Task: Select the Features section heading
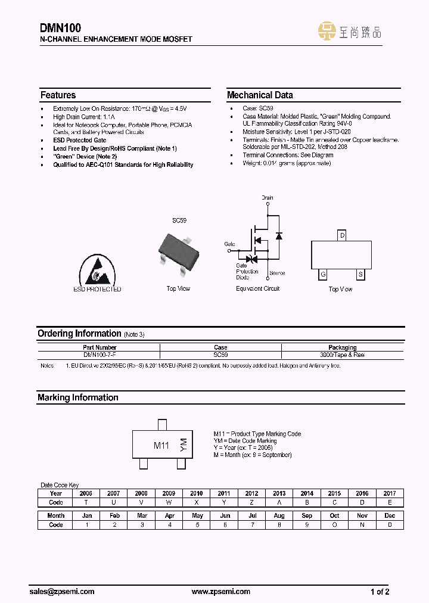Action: pyautogui.click(x=58, y=95)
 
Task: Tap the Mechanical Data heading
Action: pyautogui.click(x=260, y=95)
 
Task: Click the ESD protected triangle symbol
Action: pyautogui.click(x=97, y=271)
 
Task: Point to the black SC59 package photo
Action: pyautogui.click(x=178, y=249)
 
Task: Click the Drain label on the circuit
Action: pyautogui.click(x=268, y=197)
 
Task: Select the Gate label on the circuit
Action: pyautogui.click(x=229, y=244)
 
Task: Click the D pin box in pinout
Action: pyautogui.click(x=342, y=235)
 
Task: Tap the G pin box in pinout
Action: pyautogui.click(x=323, y=274)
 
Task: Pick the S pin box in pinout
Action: pyautogui.click(x=360, y=274)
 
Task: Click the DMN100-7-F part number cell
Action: pyautogui.click(x=100, y=355)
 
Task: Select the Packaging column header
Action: pyautogui.click(x=343, y=347)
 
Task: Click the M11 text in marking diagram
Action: pyautogui.click(x=161, y=446)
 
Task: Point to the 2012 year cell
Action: pyautogui.click(x=251, y=493)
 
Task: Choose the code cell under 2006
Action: pyautogui.click(x=85, y=502)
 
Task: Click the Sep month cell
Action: pyautogui.click(x=307, y=516)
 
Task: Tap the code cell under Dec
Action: pyautogui.click(x=390, y=525)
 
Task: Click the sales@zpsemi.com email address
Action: pyautogui.click(x=62, y=592)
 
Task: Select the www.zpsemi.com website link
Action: pyautogui.click(x=221, y=592)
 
